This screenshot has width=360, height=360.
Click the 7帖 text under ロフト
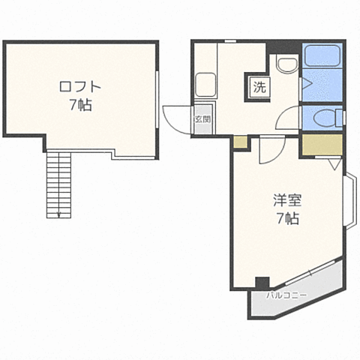point(76,105)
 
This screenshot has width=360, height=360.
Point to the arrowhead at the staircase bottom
point(58,215)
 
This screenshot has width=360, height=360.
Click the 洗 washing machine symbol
point(259,87)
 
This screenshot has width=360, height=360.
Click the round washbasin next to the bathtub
point(286,65)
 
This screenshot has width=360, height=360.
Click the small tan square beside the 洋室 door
point(239,142)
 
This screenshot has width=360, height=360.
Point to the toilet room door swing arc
point(285,118)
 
